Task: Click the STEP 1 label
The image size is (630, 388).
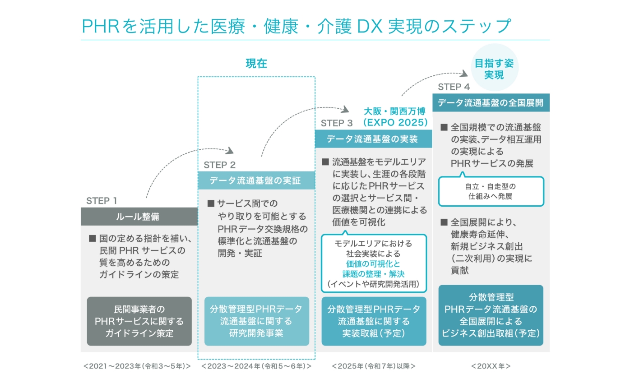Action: click(x=101, y=201)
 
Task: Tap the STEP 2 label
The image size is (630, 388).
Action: click(x=219, y=165)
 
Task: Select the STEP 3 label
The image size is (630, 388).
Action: click(x=337, y=123)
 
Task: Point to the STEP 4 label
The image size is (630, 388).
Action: click(x=454, y=87)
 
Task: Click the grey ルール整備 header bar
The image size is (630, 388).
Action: click(x=139, y=217)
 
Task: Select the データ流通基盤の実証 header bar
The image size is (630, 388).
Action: click(x=256, y=180)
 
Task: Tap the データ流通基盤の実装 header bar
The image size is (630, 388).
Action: click(x=374, y=139)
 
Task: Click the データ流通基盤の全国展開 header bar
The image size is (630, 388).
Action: click(x=491, y=102)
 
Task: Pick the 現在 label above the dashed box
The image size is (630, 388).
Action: click(x=256, y=64)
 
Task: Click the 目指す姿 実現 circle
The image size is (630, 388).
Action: click(x=495, y=68)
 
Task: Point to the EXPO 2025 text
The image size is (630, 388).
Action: click(x=395, y=123)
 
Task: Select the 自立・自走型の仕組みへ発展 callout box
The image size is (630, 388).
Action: click(x=491, y=191)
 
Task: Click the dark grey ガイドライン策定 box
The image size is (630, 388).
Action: click(x=139, y=321)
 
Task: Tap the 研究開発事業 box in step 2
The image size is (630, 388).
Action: click(x=256, y=321)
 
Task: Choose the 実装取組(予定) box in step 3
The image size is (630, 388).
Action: click(x=374, y=321)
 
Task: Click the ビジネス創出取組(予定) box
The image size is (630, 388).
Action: click(x=491, y=315)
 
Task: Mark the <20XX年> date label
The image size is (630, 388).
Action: click(x=491, y=366)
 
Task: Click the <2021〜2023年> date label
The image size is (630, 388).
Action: click(x=137, y=366)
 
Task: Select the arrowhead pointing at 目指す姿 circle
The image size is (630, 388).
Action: click(x=464, y=74)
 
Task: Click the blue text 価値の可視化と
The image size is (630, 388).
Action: click(x=373, y=264)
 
